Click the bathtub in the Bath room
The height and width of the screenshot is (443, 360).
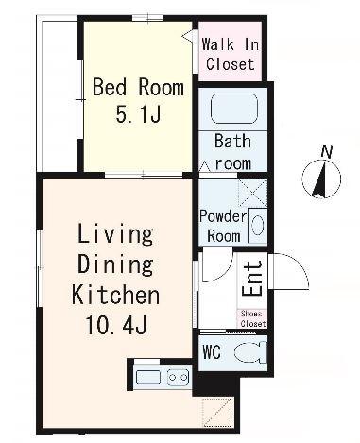coord(234,109)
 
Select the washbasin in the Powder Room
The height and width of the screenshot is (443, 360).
coord(258,226)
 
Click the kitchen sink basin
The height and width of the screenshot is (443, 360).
coord(148,378)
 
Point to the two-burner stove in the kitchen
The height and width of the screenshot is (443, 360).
coord(178,377)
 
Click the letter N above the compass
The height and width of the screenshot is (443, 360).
coord(327,152)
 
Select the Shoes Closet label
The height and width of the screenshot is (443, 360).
coord(252,318)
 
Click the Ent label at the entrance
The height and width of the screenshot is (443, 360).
coord(252,279)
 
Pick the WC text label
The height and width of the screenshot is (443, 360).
coord(212,352)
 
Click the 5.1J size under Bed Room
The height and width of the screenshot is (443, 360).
coord(139,114)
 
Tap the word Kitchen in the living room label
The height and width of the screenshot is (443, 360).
coord(115,295)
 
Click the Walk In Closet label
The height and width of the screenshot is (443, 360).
coord(231,54)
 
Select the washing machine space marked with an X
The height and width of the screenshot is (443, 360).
coord(252,193)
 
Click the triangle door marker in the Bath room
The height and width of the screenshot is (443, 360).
coord(205,165)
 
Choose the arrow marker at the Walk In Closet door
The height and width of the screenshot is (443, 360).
coord(187,35)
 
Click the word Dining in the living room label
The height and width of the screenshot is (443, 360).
coord(115,264)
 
